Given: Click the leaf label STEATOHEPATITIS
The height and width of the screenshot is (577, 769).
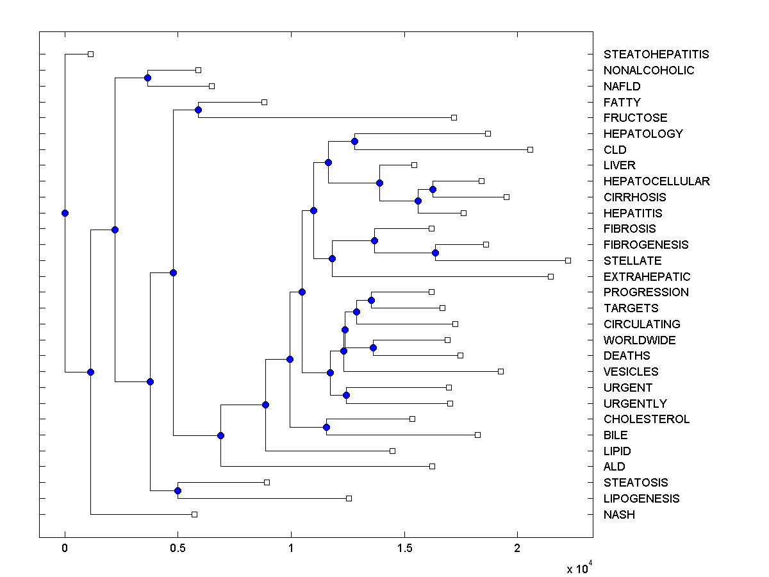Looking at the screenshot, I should pyautogui.click(x=656, y=54).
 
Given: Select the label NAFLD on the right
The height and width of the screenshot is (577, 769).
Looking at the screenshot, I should pyautogui.click(x=622, y=86).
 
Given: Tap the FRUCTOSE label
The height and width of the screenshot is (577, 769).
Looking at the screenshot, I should pyautogui.click(x=635, y=118).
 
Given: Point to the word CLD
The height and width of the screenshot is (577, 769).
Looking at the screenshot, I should pyautogui.click(x=615, y=149).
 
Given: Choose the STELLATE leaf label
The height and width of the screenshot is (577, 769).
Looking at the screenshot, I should pyautogui.click(x=633, y=261).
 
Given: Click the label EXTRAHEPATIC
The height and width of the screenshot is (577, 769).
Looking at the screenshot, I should pyautogui.click(x=647, y=277).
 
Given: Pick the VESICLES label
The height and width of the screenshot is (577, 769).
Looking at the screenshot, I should pyautogui.click(x=631, y=372).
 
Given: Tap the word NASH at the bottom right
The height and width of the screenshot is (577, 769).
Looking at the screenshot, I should pyautogui.click(x=619, y=514).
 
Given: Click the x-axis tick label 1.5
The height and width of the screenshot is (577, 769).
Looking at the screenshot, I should pyautogui.click(x=404, y=549).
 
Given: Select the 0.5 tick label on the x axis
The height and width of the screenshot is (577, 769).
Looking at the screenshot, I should pyautogui.click(x=178, y=549).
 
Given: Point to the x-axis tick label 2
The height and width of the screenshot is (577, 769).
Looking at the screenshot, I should pyautogui.click(x=517, y=549).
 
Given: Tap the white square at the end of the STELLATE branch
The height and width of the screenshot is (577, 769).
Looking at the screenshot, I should pyautogui.click(x=568, y=260).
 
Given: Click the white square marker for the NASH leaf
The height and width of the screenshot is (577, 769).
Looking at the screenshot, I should pyautogui.click(x=195, y=514).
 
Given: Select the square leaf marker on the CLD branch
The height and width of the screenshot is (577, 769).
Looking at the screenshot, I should pyautogui.click(x=530, y=149).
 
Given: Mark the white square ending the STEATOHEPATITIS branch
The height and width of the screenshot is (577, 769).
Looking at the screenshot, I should pyautogui.click(x=90, y=54).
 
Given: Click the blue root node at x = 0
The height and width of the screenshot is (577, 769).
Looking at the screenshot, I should pyautogui.click(x=65, y=213).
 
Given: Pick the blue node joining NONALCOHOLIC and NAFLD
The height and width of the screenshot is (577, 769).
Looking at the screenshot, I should pyautogui.click(x=147, y=78).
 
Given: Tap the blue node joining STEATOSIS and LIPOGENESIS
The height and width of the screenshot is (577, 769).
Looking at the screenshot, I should pyautogui.click(x=178, y=490).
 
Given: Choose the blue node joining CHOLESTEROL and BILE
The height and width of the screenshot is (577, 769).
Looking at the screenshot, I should pyautogui.click(x=326, y=427).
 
